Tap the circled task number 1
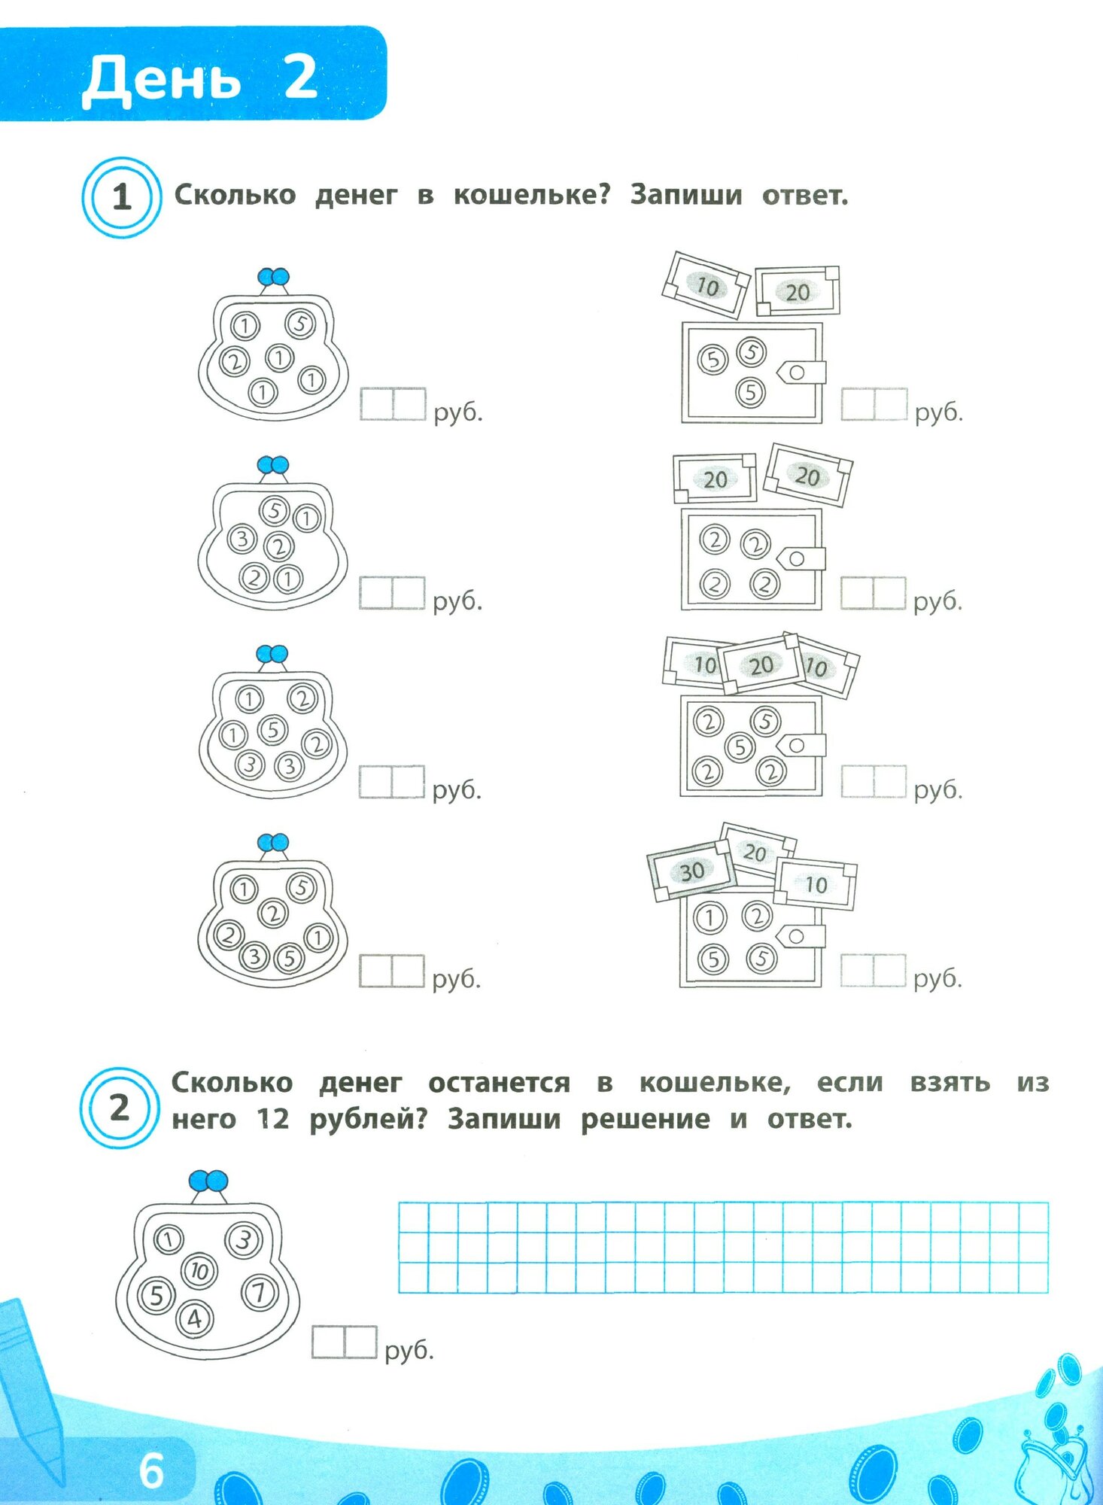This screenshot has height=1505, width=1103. tap(121, 198)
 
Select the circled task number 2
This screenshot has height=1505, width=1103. tap(120, 1108)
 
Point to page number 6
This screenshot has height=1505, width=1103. tap(151, 1470)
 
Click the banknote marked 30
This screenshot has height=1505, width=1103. tap(691, 871)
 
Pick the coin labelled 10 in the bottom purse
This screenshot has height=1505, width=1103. tap(199, 1271)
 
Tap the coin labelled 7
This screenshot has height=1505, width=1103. tap(259, 1293)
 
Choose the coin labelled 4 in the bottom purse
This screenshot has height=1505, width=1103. tap(195, 1318)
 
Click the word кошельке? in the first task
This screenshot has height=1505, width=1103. tap(531, 195)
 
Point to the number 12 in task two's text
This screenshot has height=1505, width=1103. tap(272, 1119)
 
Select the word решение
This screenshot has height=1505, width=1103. tap(645, 1119)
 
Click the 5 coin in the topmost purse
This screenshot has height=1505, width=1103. tap(300, 324)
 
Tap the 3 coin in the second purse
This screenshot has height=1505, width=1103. tap(242, 539)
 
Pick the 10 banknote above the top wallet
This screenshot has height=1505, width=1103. tap(706, 285)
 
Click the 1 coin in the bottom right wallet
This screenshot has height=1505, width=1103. tap(709, 917)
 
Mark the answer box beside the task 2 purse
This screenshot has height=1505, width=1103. tap(344, 1342)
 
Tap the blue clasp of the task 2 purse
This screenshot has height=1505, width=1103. tap(208, 1181)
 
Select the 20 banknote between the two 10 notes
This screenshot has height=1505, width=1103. tap(760, 664)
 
